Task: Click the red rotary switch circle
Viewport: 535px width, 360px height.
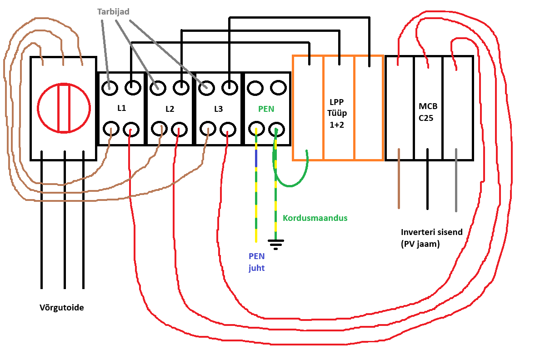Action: click(64, 108)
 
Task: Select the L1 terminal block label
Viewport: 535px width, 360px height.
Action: click(121, 109)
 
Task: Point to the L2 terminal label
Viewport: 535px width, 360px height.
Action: click(170, 109)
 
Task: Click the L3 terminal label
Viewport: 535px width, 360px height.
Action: click(218, 109)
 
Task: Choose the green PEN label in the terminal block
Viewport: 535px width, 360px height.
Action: click(266, 109)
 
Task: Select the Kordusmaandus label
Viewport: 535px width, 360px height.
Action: click(315, 218)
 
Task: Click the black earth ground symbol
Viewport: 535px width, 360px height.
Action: click(275, 245)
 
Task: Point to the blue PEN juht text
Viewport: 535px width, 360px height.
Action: click(256, 262)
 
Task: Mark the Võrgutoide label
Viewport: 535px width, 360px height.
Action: click(61, 308)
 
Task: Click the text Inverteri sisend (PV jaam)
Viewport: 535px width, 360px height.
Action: click(431, 238)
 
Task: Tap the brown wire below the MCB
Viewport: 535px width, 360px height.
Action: click(399, 182)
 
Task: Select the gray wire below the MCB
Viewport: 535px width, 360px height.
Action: click(456, 182)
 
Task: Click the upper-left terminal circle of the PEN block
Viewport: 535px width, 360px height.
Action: click(255, 87)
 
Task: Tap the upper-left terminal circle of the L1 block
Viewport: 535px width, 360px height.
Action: click(110, 87)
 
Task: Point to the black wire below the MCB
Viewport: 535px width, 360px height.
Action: click(427, 182)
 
